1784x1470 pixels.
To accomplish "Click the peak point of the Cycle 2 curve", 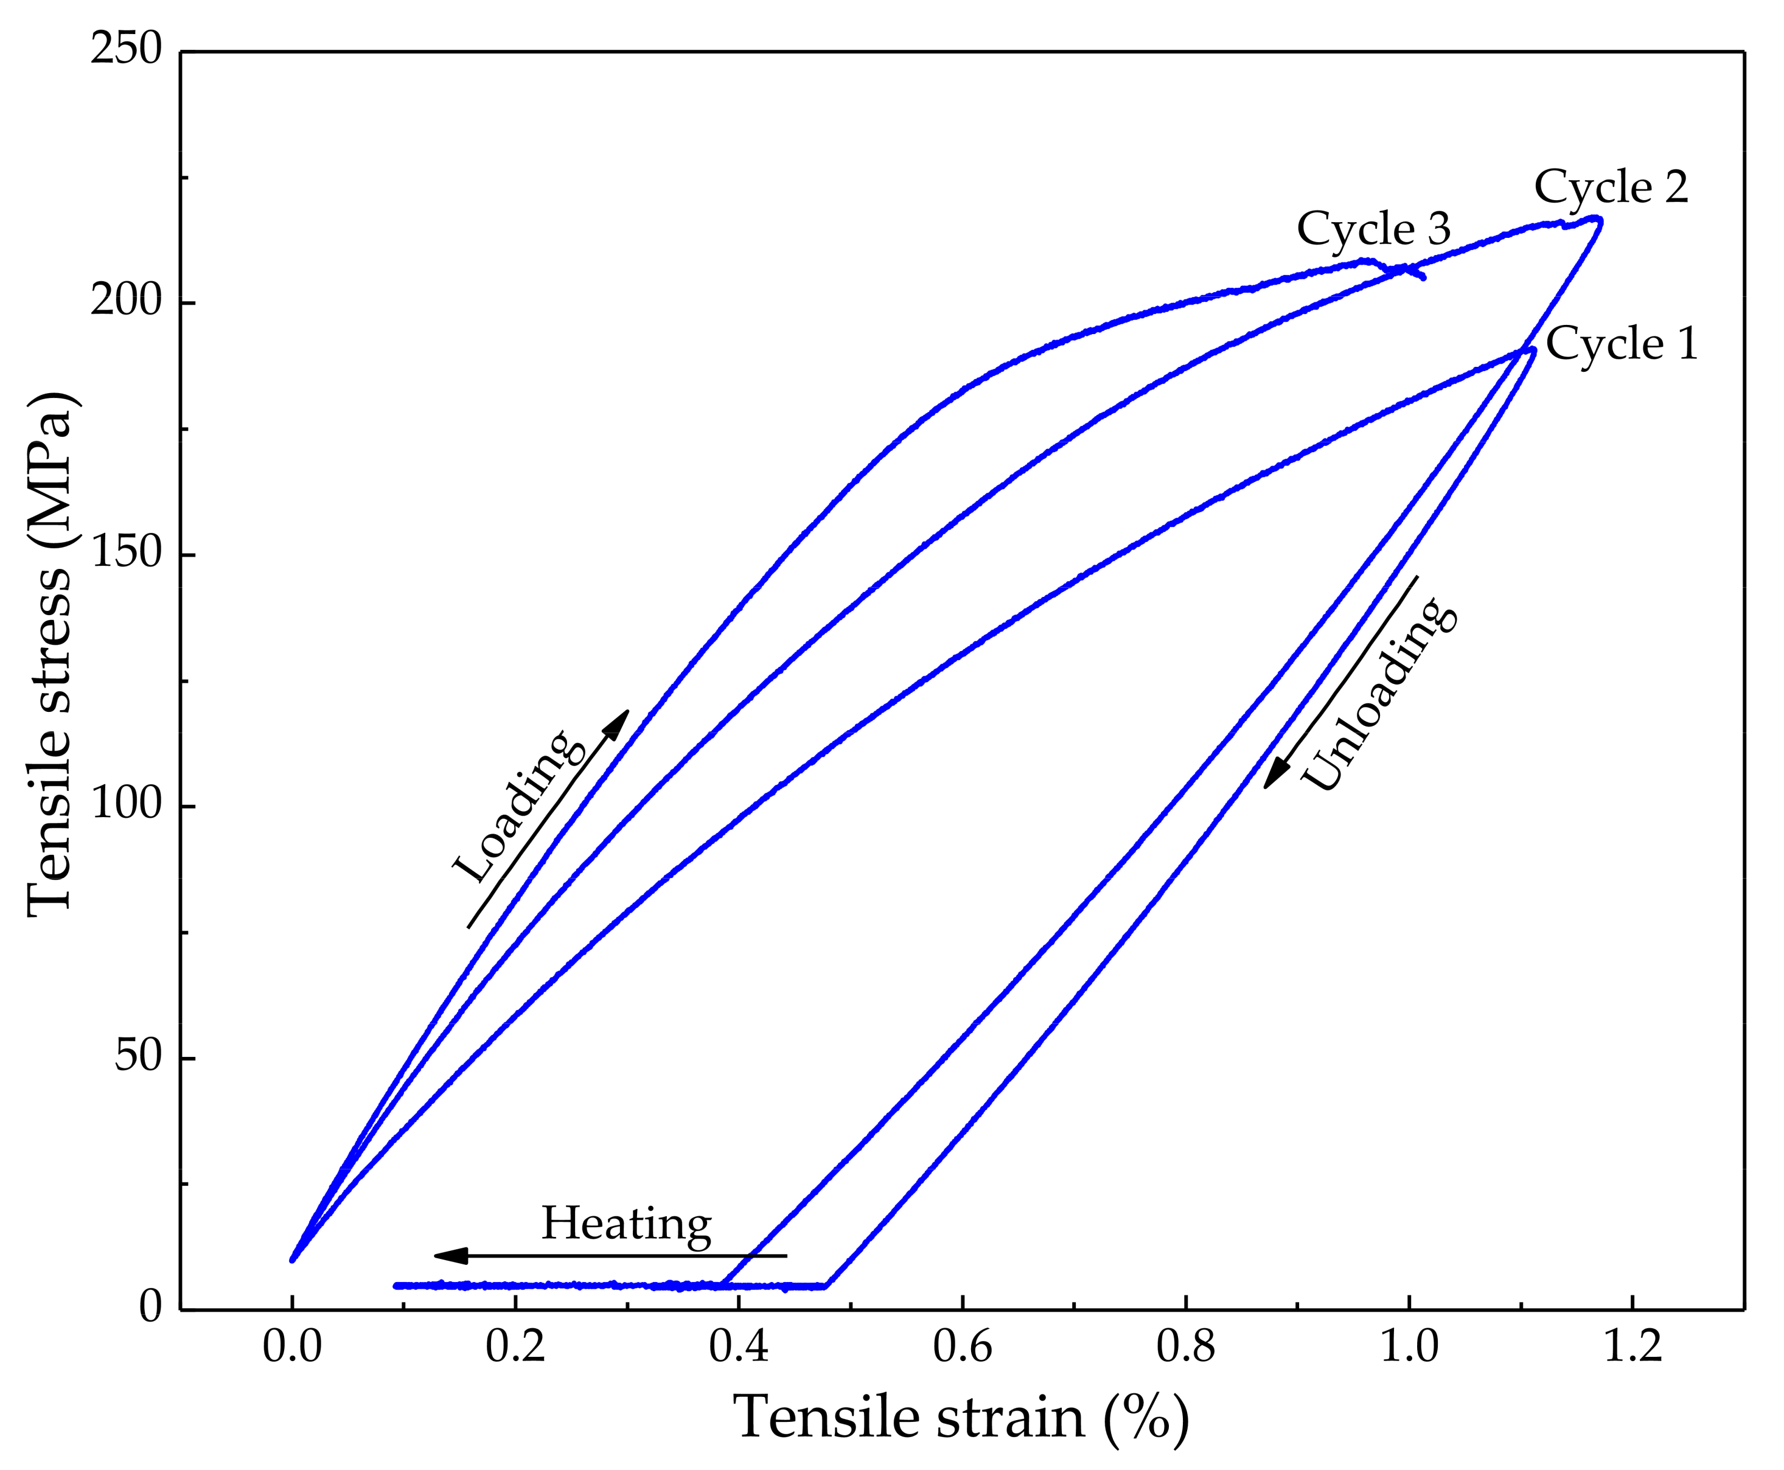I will [1597, 219].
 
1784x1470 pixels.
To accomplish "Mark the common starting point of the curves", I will [292, 1259].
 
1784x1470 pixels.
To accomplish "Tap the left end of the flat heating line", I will [396, 1286].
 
